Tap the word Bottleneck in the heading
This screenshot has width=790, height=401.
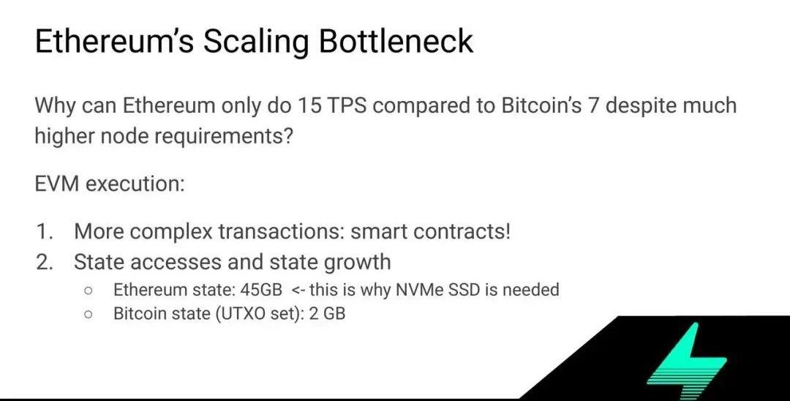[x=396, y=40]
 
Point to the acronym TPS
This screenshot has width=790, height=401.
[x=347, y=105]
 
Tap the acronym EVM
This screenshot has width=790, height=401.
[x=57, y=184]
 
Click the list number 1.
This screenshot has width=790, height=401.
[x=45, y=231]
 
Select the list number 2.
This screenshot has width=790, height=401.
[x=45, y=263]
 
